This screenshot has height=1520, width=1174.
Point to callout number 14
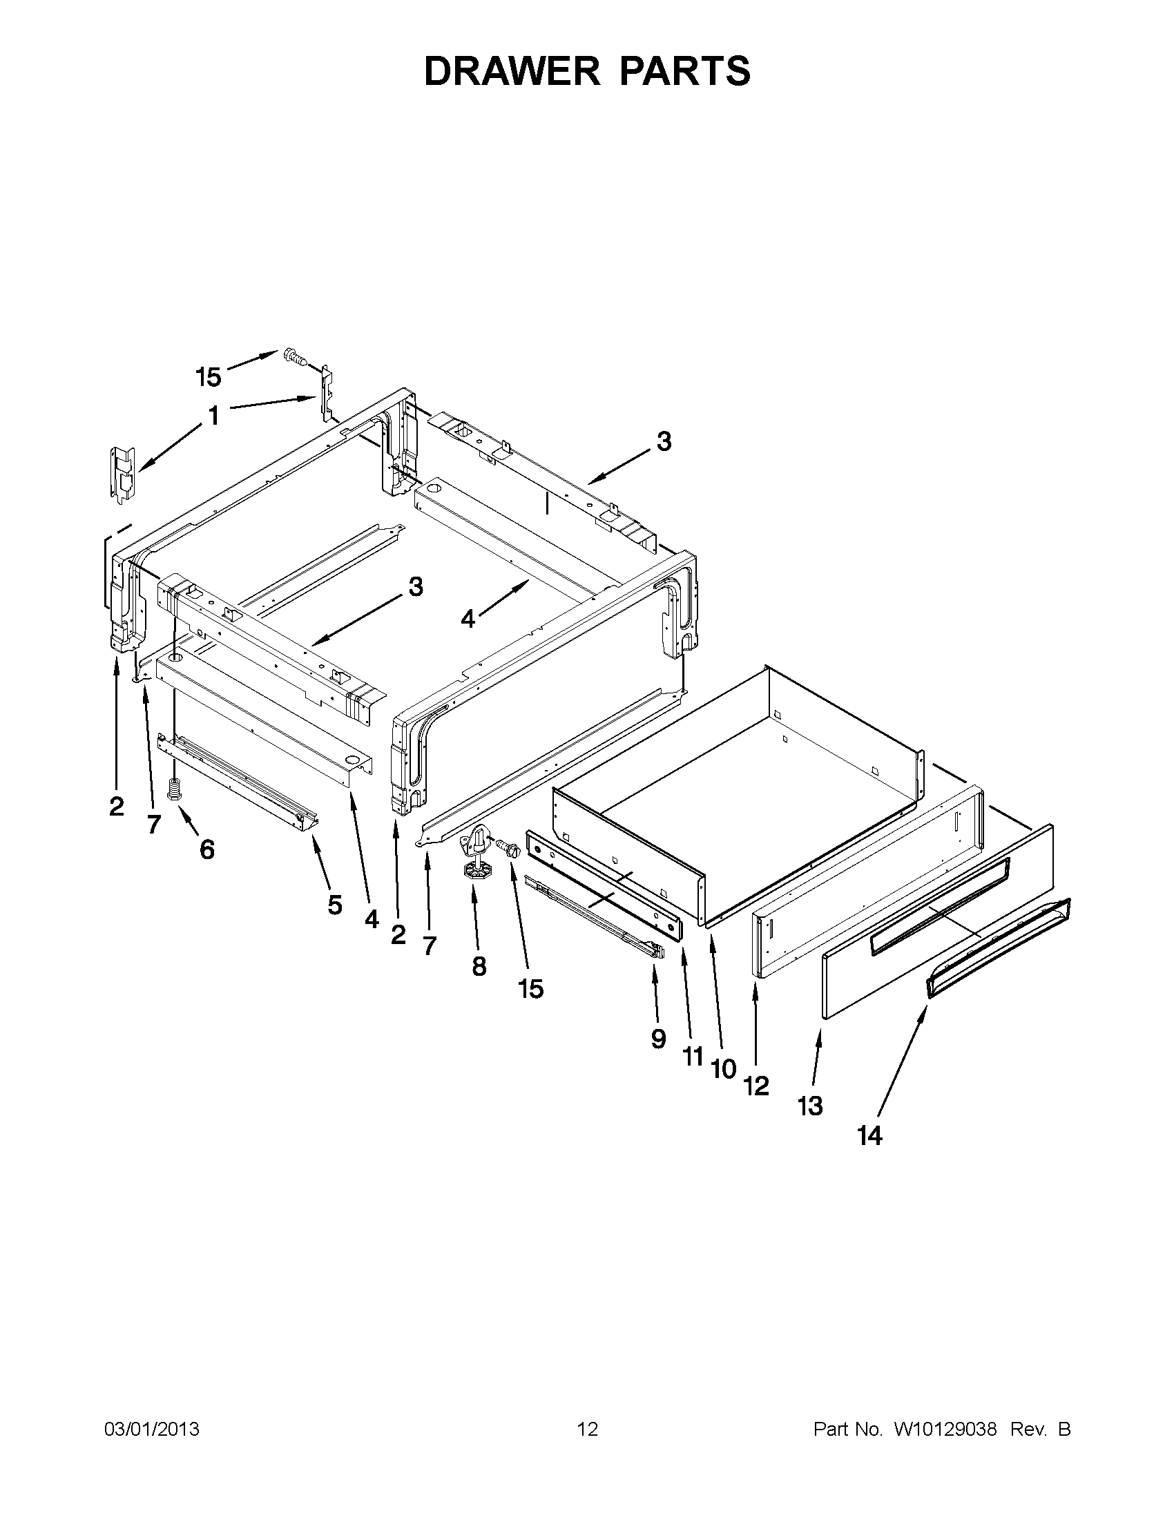tap(870, 1136)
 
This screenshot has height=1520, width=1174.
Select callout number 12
tap(756, 1086)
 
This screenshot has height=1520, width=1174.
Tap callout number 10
tap(724, 1069)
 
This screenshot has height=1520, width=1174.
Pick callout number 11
tap(693, 1057)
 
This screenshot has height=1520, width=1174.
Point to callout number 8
tap(479, 967)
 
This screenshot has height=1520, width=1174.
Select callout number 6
tap(207, 849)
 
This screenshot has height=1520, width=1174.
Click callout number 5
tap(335, 905)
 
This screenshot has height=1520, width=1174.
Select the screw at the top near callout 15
tap(295, 358)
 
